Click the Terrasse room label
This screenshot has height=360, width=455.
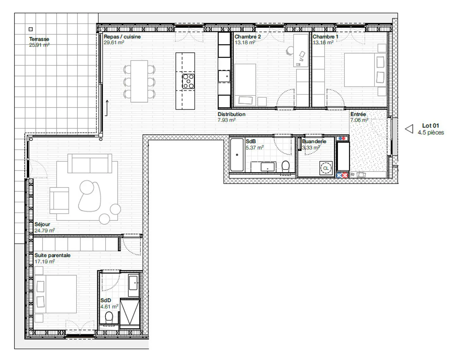tap(39, 39)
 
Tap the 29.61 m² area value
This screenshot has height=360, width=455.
tap(114, 43)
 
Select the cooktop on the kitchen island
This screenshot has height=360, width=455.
tap(188, 81)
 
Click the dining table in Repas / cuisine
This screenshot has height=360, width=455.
tap(139, 81)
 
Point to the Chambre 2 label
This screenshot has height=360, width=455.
tap(247, 37)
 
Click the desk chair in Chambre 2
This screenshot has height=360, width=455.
tap(290, 51)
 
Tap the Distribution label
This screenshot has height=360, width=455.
tap(231, 114)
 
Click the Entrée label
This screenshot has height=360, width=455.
tap(358, 114)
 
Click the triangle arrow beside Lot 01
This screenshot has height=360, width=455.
tap(409, 129)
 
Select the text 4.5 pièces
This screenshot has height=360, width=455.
tap(431, 133)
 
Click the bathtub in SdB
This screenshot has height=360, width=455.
tap(237, 155)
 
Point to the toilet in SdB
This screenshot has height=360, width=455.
tap(286, 166)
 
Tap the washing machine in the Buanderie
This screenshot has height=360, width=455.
tap(326, 168)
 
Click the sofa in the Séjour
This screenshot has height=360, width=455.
tap(90, 163)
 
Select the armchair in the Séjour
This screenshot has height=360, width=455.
tap(59, 200)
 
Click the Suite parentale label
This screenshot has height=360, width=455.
tap(52, 255)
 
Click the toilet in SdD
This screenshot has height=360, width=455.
tap(109, 317)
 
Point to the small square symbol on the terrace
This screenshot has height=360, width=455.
tap(31, 29)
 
